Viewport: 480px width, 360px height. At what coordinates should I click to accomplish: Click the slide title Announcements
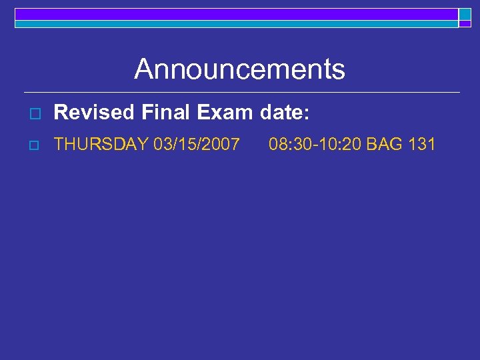[239, 69]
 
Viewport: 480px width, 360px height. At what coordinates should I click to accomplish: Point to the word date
[281, 113]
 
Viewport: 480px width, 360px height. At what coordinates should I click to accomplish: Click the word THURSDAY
[101, 143]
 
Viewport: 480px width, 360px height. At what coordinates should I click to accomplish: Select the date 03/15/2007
[196, 143]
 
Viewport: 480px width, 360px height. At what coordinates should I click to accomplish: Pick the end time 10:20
[340, 143]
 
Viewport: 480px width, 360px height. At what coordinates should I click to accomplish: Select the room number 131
[422, 143]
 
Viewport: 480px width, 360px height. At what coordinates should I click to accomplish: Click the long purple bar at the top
[236, 13]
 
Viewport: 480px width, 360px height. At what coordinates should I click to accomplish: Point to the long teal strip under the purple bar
[236, 23]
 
